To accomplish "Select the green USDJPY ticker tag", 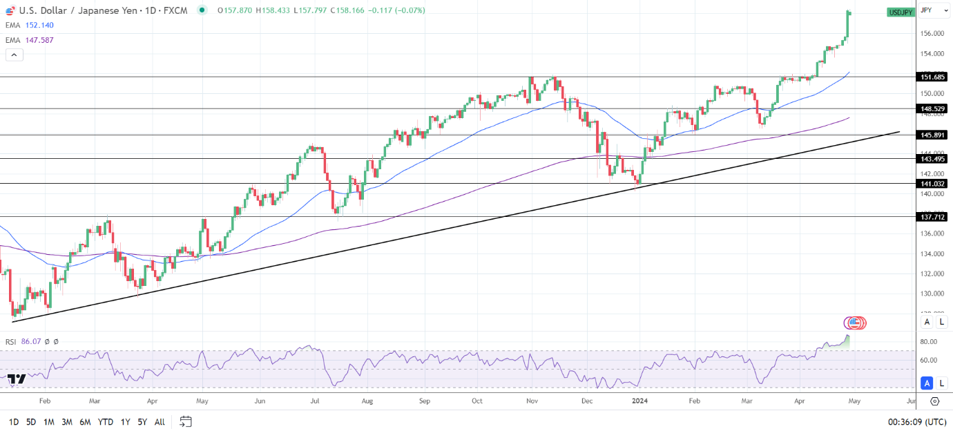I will tap(901, 12).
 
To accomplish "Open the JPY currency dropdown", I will tap(932, 10).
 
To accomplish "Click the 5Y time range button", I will tap(142, 421).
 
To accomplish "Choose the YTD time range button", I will tap(106, 421).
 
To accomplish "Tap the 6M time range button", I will tap(85, 421).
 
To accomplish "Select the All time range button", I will tap(160, 421).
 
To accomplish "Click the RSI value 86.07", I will tap(31, 341).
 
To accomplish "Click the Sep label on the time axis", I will tap(424, 401).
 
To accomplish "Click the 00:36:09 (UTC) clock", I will tap(917, 421).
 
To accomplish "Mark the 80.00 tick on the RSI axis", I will tap(928, 342).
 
